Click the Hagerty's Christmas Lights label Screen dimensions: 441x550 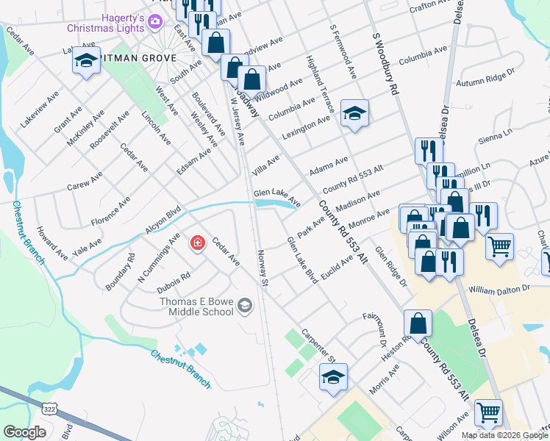click(x=102, y=23)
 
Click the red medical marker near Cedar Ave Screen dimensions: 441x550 click(x=197, y=243)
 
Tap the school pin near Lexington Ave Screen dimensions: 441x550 click(x=354, y=114)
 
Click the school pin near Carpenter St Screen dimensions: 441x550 click(x=333, y=378)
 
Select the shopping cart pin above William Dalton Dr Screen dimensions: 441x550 click(x=500, y=247)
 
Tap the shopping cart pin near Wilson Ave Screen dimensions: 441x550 click(x=488, y=414)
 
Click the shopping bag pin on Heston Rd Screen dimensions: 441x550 click(x=418, y=323)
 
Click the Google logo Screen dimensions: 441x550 click(x=24, y=432)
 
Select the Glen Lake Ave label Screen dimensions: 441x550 click(x=277, y=197)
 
